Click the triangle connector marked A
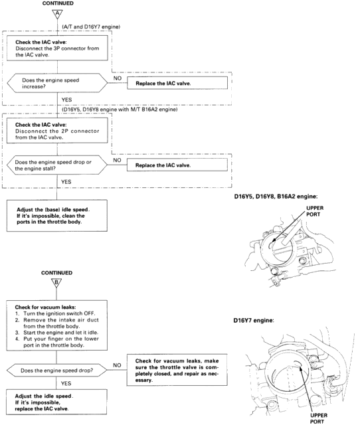tap(57, 14)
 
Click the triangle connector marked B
tap(56, 283)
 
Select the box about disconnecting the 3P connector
tap(57, 48)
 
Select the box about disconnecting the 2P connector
tap(57, 131)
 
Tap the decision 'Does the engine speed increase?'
tap(57, 83)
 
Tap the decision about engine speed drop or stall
tap(57, 165)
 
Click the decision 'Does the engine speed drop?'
tap(56, 371)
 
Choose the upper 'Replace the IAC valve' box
tap(177, 83)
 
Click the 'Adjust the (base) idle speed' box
tap(57, 216)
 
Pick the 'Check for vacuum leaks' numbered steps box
tap(56, 325)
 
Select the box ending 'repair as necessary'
tap(177, 370)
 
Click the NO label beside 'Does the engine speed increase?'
tap(118, 78)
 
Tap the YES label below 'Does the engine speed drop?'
tap(66, 383)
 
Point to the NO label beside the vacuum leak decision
tap(117, 365)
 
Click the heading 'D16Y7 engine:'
tap(254, 320)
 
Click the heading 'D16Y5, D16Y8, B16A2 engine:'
tap(276, 197)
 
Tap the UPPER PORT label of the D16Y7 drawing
tap(319, 418)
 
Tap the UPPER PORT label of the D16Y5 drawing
tap(315, 211)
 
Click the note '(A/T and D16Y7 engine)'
tap(91, 27)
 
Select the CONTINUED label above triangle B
tap(56, 273)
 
